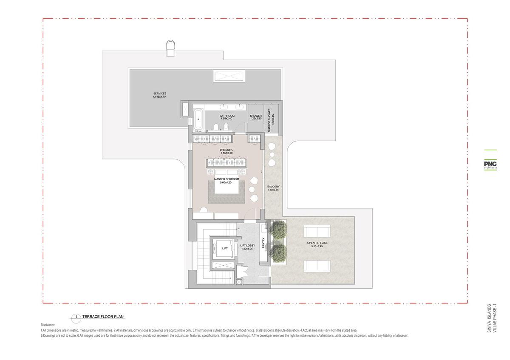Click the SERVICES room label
click(160, 94)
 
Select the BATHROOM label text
click(227, 116)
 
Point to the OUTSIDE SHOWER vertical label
click(269, 120)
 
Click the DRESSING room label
click(227, 150)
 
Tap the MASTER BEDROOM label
click(227, 179)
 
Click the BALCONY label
click(273, 187)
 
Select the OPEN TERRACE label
click(317, 243)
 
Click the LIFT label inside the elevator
click(225, 248)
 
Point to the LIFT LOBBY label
click(247, 246)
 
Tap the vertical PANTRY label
click(263, 243)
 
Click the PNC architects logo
click(490, 164)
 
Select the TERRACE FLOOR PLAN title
click(103, 317)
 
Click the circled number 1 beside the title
click(76, 317)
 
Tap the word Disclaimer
click(48, 325)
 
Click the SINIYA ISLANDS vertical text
click(489, 318)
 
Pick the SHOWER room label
click(256, 116)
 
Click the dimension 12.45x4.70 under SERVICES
click(159, 96)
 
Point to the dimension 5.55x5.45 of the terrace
click(317, 246)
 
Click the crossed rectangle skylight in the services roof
click(229, 76)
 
